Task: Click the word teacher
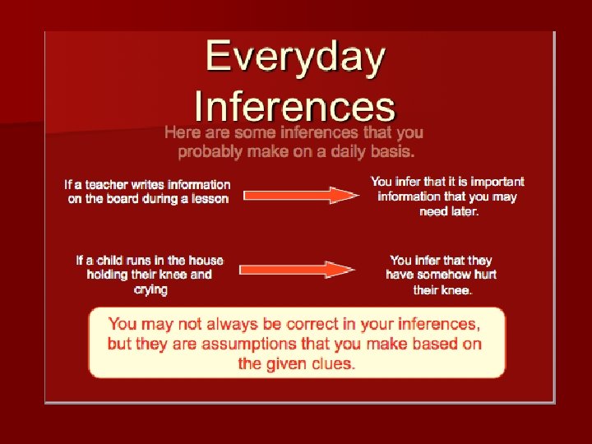pos(106,185)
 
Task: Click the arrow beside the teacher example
pos(301,195)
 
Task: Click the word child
pos(110,260)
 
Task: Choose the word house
pos(206,260)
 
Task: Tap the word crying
pos(150,290)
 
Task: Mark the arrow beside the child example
pos(296,270)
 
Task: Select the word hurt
pos(485,275)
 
